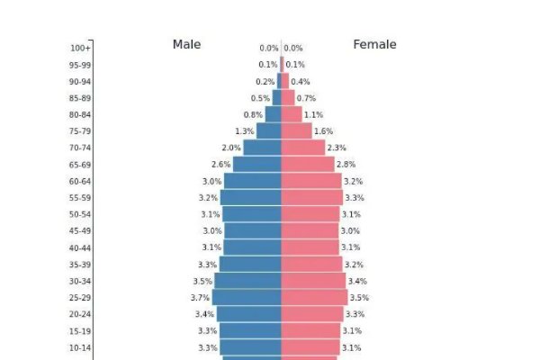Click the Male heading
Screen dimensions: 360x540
pos(186,44)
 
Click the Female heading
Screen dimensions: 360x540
pos(374,44)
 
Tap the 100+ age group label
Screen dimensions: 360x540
pos(80,49)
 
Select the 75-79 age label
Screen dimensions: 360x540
pos(80,131)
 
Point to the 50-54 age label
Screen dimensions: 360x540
pos(80,214)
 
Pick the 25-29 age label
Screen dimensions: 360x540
pos(80,298)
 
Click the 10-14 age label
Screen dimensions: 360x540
pos(80,348)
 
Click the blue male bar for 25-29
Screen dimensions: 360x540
pos(247,298)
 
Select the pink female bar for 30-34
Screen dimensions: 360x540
pos(313,281)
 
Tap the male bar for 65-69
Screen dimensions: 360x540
pos(258,165)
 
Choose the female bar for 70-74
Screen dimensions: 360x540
pos(303,148)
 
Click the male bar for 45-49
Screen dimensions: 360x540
pos(253,231)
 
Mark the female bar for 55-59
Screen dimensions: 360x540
pos(311,198)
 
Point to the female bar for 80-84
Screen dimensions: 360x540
pos(292,114)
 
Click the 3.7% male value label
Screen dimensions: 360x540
pos(200,298)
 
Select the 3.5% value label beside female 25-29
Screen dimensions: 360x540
pos(359,298)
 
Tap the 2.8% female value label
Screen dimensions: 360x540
pos(346,165)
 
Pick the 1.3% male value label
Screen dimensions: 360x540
pos(244,131)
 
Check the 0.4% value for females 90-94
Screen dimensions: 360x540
pos(301,82)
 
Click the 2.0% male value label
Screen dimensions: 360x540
pos(231,148)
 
